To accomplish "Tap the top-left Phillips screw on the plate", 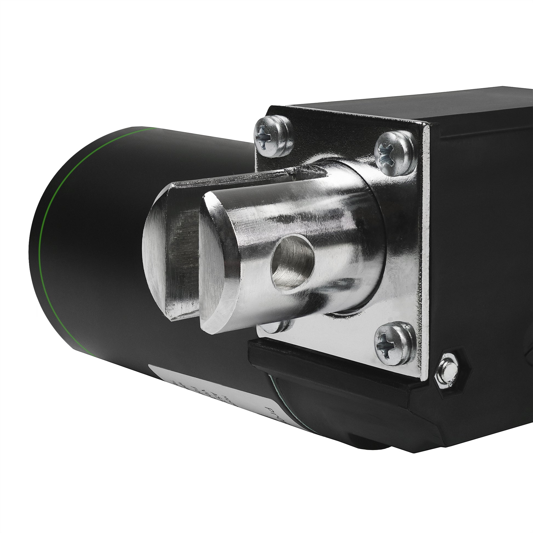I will [273, 136].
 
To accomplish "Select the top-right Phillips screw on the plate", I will [395, 154].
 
